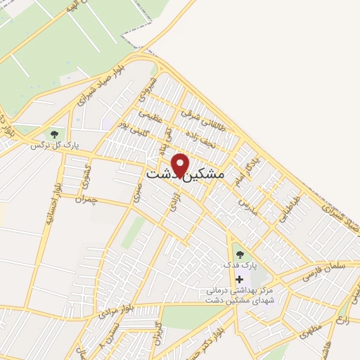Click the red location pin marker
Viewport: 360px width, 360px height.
[x=181, y=164]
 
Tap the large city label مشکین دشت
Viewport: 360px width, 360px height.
[x=185, y=174]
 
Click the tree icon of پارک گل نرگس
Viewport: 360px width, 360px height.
[x=53, y=134]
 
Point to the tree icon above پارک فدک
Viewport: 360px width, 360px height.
[x=239, y=255]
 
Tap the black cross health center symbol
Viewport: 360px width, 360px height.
[x=239, y=279]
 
